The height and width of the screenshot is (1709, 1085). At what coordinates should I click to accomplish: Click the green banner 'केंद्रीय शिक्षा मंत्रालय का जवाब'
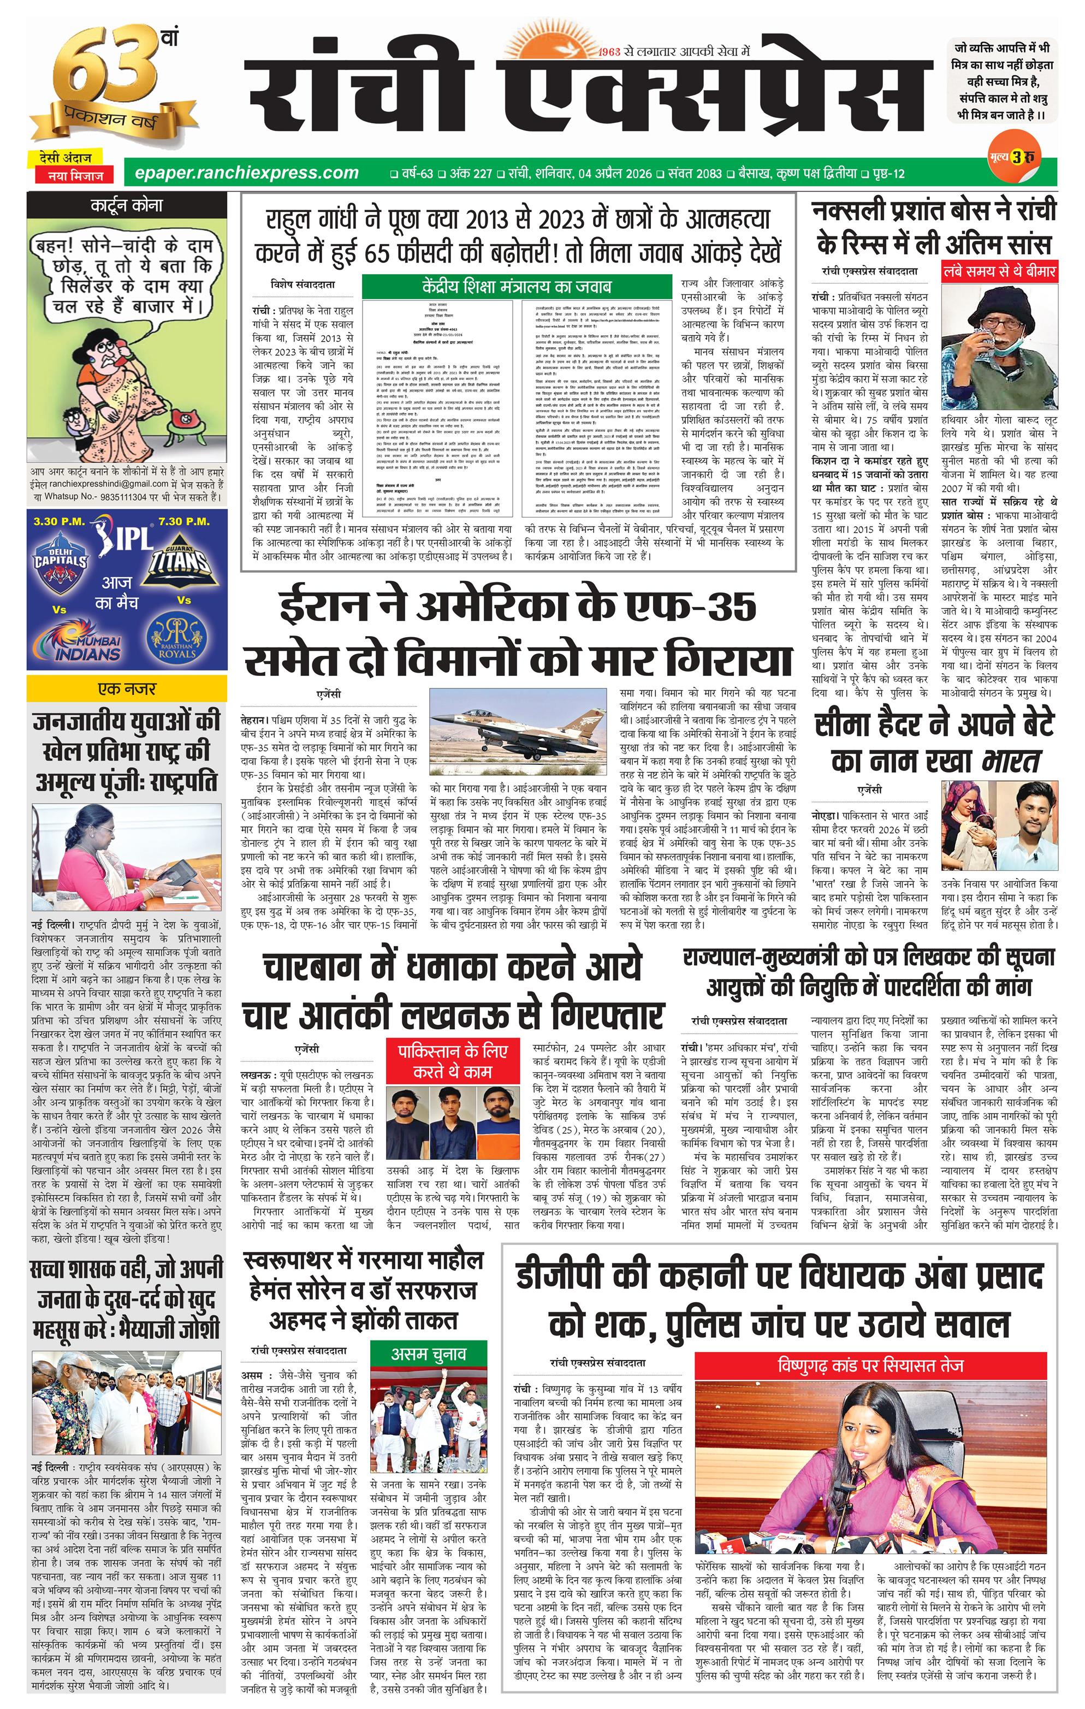point(516,287)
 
